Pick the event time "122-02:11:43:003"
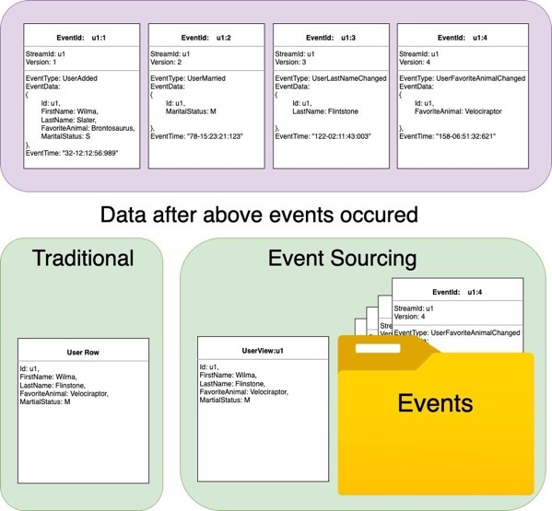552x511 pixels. [329, 136]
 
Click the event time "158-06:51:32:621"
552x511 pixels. [453, 136]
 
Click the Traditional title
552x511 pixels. [83, 258]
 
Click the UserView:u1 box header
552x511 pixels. [263, 350]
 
